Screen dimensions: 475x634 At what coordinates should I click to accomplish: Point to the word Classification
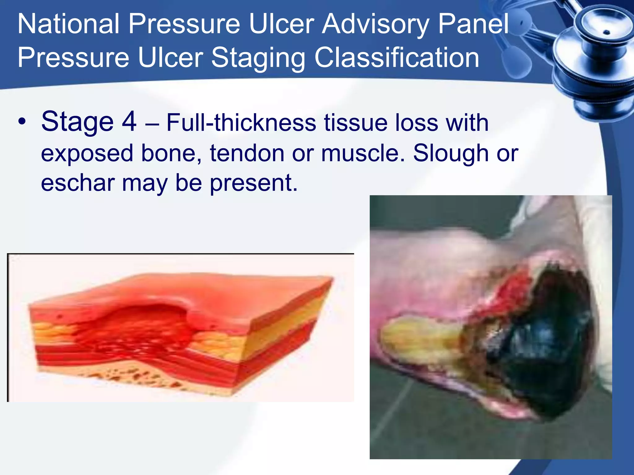397,58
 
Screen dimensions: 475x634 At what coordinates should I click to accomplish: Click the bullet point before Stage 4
21,122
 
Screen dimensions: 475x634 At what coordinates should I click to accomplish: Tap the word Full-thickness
241,123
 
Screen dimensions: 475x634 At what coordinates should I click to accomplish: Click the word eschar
77,183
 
